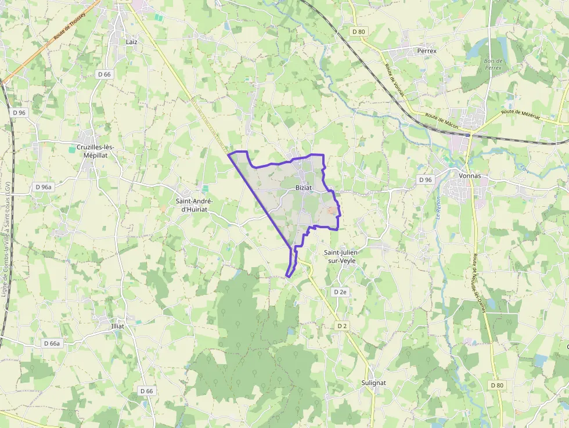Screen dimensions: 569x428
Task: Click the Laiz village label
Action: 131,42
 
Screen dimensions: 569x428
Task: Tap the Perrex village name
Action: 427,51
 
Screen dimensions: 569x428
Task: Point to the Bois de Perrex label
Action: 493,64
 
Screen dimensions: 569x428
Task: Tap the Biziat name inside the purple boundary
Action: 304,188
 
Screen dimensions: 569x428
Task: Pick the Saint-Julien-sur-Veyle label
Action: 341,257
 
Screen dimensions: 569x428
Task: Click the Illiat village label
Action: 118,326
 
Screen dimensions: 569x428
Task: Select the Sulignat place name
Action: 373,383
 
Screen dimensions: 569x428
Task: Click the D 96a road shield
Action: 44,187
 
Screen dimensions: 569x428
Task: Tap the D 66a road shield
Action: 52,343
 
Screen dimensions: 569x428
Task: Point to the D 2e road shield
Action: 340,292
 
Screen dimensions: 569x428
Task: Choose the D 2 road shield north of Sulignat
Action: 342,326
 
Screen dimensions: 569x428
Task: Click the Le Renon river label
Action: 437,207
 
